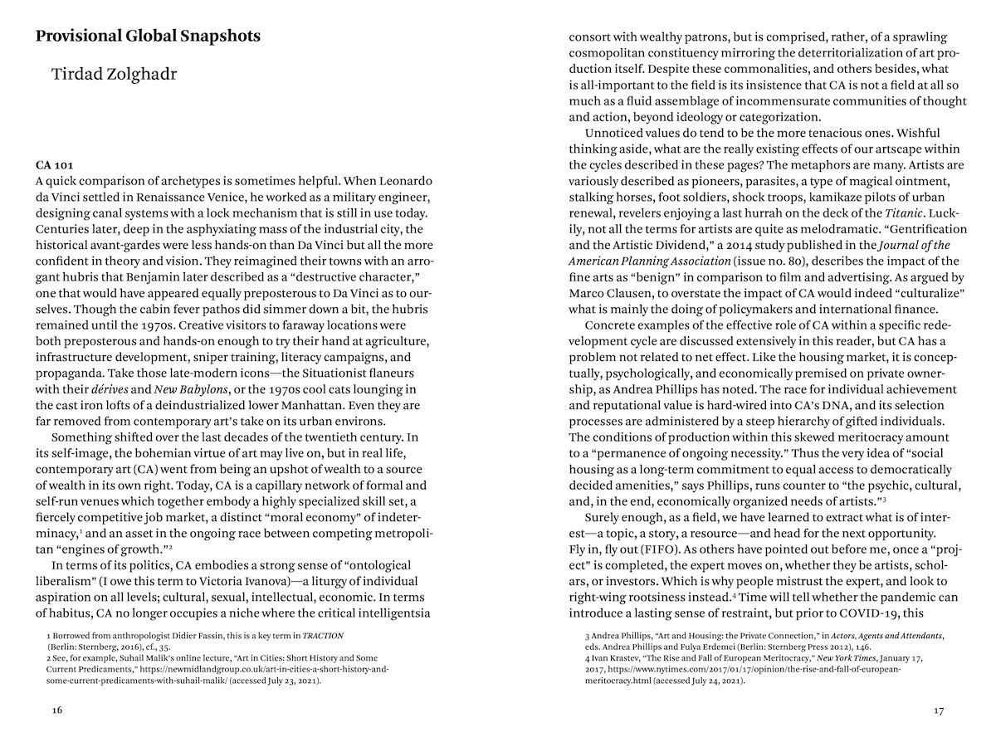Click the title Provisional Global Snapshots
148,37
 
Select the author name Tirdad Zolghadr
115,75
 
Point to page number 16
56,710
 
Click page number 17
939,710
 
